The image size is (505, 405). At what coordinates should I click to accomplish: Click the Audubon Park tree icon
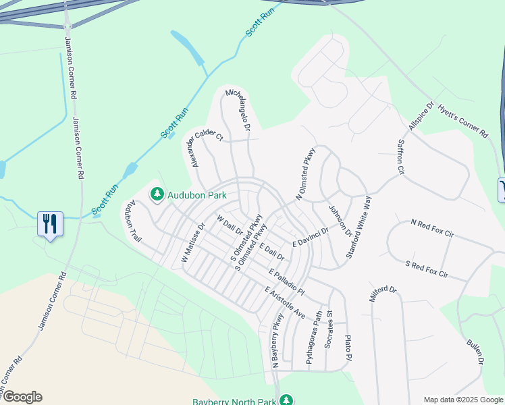[157, 194]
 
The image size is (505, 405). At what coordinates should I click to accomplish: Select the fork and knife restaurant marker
[50, 223]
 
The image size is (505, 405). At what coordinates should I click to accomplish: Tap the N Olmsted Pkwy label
[305, 174]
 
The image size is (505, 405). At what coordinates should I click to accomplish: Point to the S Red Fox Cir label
[427, 269]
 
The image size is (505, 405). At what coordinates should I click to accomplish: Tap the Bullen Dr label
[475, 352]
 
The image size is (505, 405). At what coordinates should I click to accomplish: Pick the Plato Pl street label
[348, 347]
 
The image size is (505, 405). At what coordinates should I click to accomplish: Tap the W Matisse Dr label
[192, 244]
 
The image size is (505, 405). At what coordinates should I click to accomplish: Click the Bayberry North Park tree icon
[286, 400]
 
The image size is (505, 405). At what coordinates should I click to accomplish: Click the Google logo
[22, 397]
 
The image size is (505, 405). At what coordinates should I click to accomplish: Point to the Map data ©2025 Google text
[463, 400]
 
